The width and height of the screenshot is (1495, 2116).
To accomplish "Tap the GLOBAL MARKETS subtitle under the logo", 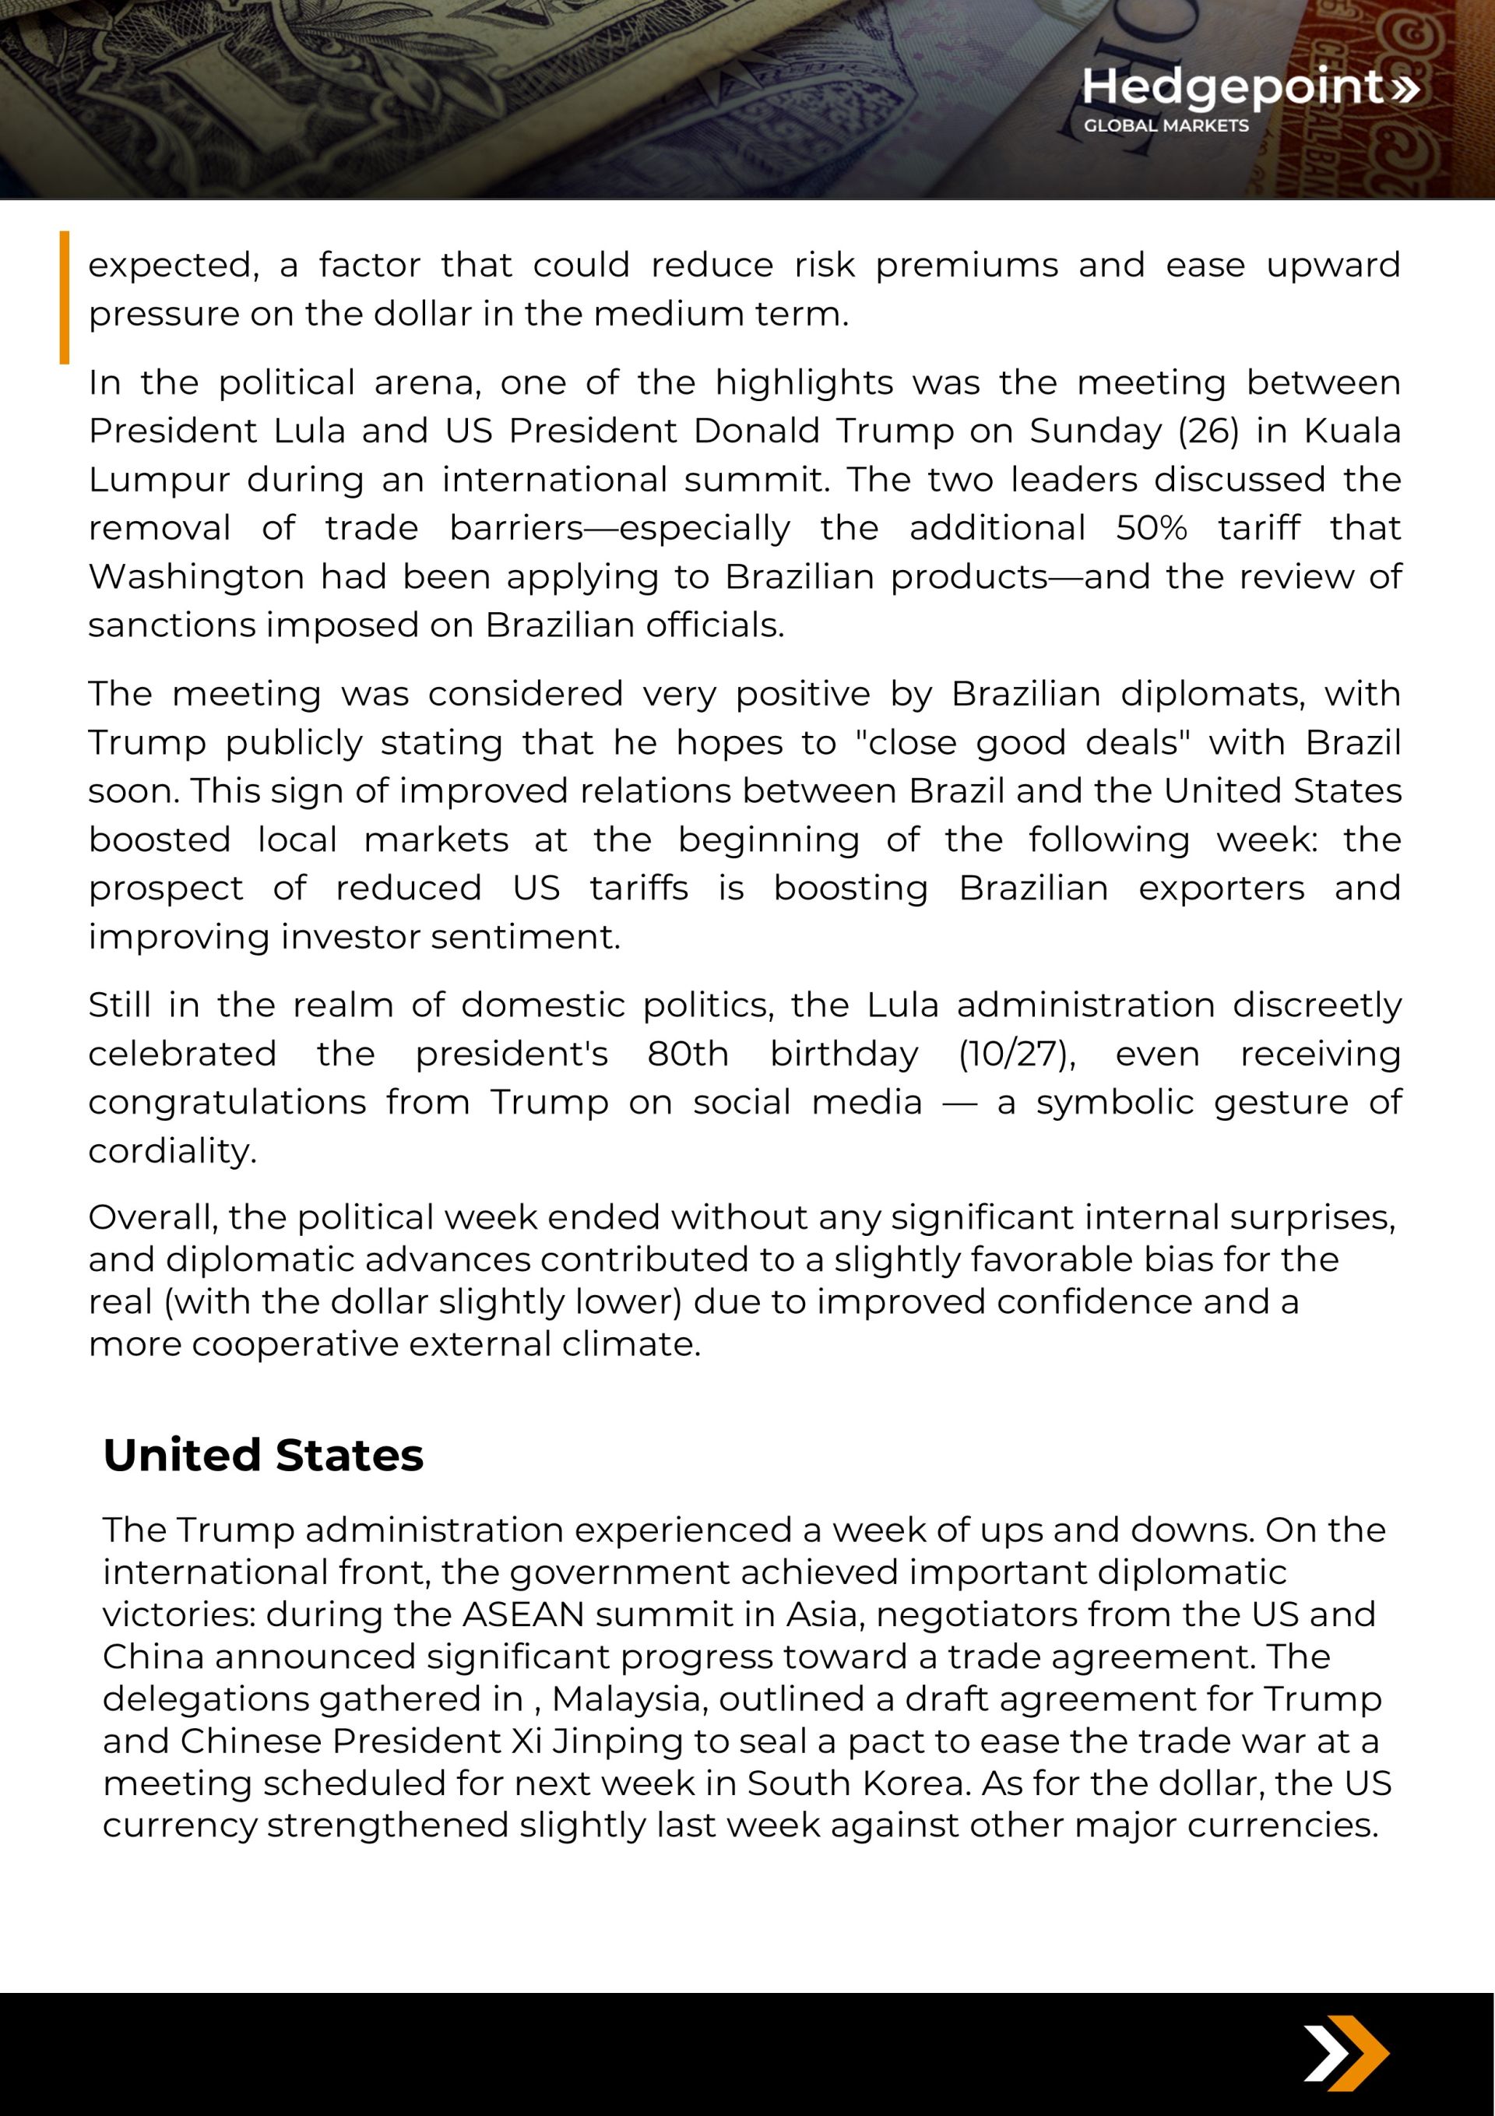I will [x=1166, y=125].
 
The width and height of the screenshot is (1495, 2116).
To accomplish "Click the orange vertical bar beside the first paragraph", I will [x=65, y=297].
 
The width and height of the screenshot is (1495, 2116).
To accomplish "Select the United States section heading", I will [x=262, y=1456].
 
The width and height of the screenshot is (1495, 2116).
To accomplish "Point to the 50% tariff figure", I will [x=1151, y=528].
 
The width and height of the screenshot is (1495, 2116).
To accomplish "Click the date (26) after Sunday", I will [x=1208, y=431].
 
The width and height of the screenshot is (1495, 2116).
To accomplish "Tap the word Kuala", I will [x=1353, y=431].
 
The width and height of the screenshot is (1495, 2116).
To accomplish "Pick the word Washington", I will [x=196, y=577].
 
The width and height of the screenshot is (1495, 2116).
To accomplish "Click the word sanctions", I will [x=171, y=626].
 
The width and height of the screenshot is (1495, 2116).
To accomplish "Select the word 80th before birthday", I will [x=688, y=1054].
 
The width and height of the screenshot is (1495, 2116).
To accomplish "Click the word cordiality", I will [x=171, y=1151].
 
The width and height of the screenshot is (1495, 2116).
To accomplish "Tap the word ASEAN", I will [x=523, y=1614].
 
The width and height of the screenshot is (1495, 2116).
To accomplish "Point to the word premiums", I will [x=966, y=266].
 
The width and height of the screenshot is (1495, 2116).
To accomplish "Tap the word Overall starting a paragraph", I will [x=153, y=1217].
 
